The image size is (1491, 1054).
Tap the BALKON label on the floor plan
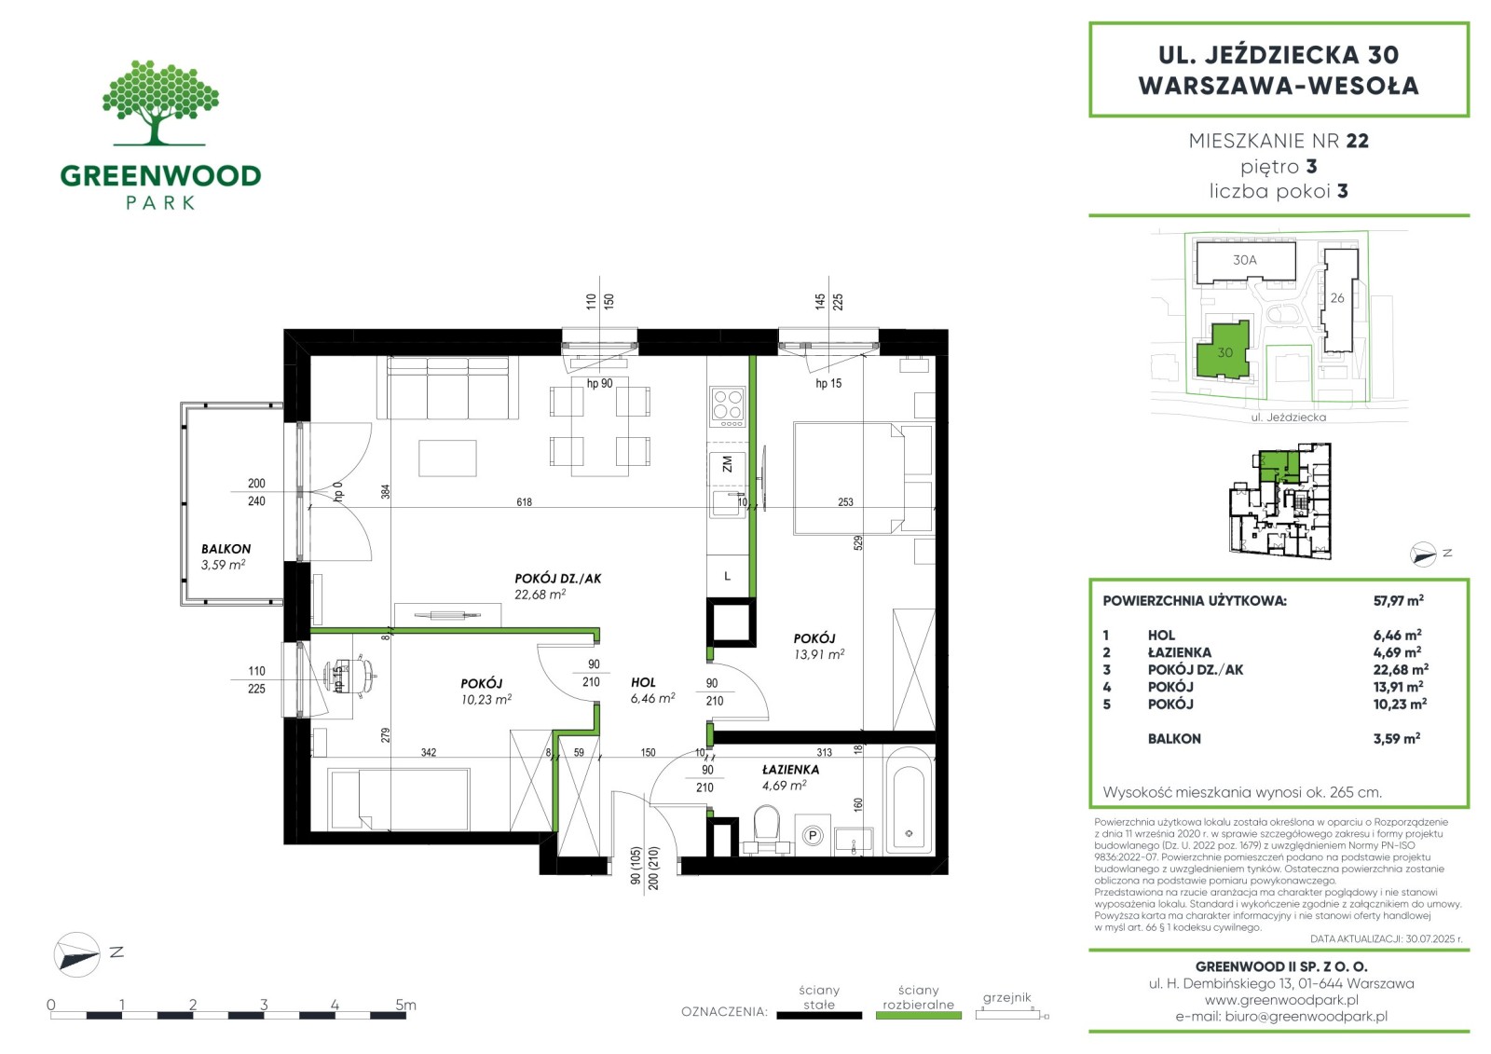[x=226, y=549]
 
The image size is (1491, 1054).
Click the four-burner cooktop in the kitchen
[x=728, y=407]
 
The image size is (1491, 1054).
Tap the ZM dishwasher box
[x=728, y=465]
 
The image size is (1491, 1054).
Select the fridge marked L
[x=728, y=576]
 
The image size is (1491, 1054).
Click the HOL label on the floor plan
[x=644, y=682]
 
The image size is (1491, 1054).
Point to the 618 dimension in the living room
[x=525, y=502]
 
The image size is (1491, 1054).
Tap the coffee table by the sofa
[x=447, y=458]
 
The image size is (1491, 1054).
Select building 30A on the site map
[x=1245, y=261]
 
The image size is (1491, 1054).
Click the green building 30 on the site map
[x=1224, y=351]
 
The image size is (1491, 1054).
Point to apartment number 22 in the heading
[x=1358, y=141]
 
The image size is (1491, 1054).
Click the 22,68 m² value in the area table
[x=1401, y=669]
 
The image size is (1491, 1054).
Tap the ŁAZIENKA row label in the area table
[x=1180, y=652]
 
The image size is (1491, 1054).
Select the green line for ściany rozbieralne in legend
[x=919, y=1016]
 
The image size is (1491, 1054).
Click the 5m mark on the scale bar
[x=405, y=1005]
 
